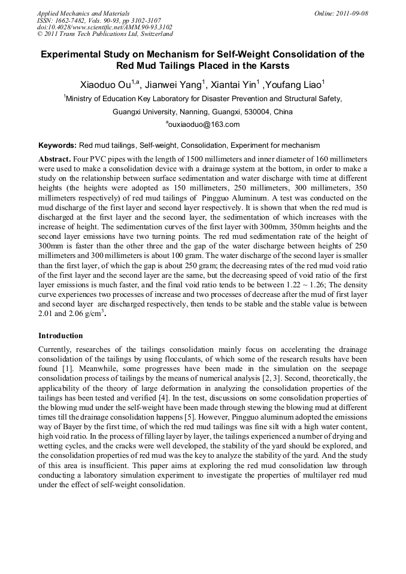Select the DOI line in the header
click(104, 28)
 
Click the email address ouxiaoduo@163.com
click(204, 124)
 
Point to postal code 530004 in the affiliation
click(235, 111)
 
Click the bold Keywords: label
click(57, 145)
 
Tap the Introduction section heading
click(60, 336)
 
